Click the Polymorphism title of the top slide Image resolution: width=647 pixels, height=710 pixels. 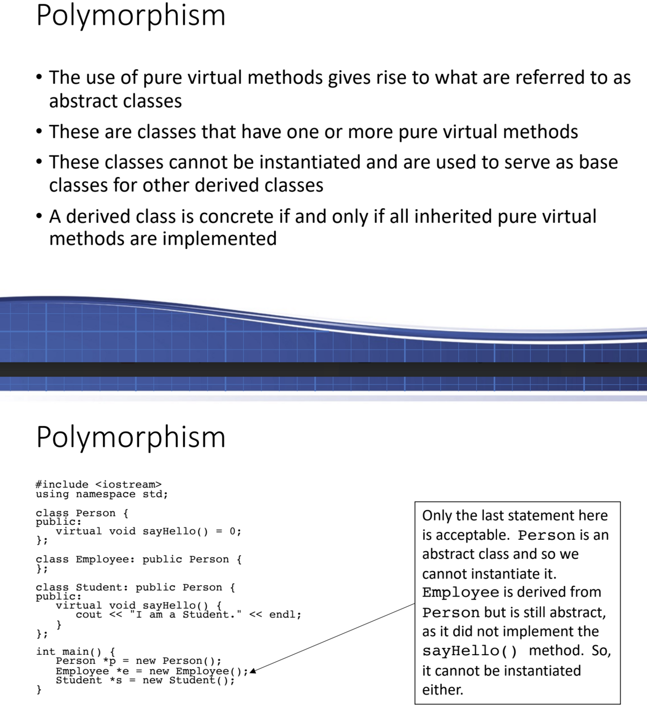(x=130, y=16)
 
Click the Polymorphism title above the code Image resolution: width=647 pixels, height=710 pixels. (x=130, y=437)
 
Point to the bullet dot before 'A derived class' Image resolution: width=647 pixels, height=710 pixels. (x=39, y=217)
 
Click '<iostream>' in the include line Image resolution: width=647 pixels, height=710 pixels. (x=128, y=485)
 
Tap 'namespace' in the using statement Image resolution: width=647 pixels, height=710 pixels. (x=105, y=494)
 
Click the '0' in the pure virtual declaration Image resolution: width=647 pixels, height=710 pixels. (x=232, y=531)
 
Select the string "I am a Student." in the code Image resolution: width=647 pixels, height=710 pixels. (x=185, y=615)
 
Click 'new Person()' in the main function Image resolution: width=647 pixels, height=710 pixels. (x=178, y=661)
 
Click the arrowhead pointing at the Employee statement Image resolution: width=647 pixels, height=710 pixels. (x=252, y=671)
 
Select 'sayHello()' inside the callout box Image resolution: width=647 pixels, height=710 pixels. (x=469, y=651)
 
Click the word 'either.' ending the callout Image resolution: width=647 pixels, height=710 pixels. (x=442, y=690)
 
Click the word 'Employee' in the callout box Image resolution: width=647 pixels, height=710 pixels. (x=460, y=592)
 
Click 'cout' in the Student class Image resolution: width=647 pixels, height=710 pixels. (x=89, y=615)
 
